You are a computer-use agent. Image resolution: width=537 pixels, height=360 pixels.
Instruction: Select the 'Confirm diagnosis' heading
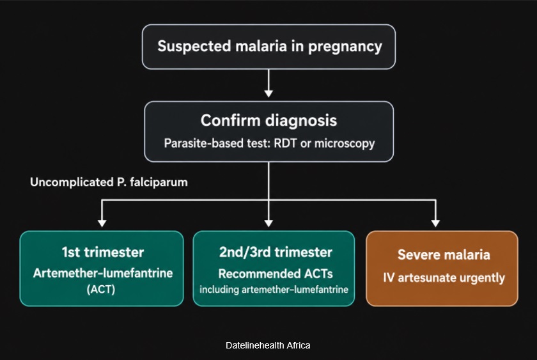pyautogui.click(x=269, y=121)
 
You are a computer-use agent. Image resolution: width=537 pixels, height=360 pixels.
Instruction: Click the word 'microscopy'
pyautogui.click(x=345, y=143)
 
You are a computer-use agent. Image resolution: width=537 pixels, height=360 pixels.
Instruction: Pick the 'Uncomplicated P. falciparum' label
pyautogui.click(x=109, y=182)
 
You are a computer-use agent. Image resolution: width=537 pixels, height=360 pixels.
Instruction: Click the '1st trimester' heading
pyautogui.click(x=103, y=252)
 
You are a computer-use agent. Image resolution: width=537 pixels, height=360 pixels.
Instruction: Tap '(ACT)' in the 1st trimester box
pyautogui.click(x=101, y=290)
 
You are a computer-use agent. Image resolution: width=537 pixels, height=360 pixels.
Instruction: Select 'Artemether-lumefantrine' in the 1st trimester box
pyautogui.click(x=103, y=273)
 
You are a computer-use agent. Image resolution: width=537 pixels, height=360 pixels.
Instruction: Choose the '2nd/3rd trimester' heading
pyautogui.click(x=276, y=252)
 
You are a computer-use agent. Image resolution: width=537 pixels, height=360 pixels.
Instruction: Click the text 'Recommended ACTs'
pyautogui.click(x=276, y=274)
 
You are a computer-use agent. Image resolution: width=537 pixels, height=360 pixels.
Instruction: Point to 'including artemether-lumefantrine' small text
pyautogui.click(x=274, y=290)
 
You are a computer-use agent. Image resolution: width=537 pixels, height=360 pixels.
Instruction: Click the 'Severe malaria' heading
pyautogui.click(x=444, y=254)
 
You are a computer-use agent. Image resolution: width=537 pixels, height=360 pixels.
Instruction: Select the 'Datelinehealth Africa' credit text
pyautogui.click(x=268, y=345)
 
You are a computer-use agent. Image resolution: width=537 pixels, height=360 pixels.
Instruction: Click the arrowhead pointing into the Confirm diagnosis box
pyautogui.click(x=269, y=93)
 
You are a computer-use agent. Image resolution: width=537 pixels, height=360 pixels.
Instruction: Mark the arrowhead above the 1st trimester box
pyautogui.click(x=102, y=223)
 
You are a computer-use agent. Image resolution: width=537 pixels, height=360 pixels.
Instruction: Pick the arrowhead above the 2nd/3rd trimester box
pyautogui.click(x=269, y=223)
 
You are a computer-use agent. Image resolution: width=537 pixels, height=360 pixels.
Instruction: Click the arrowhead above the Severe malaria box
pyautogui.click(x=435, y=223)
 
